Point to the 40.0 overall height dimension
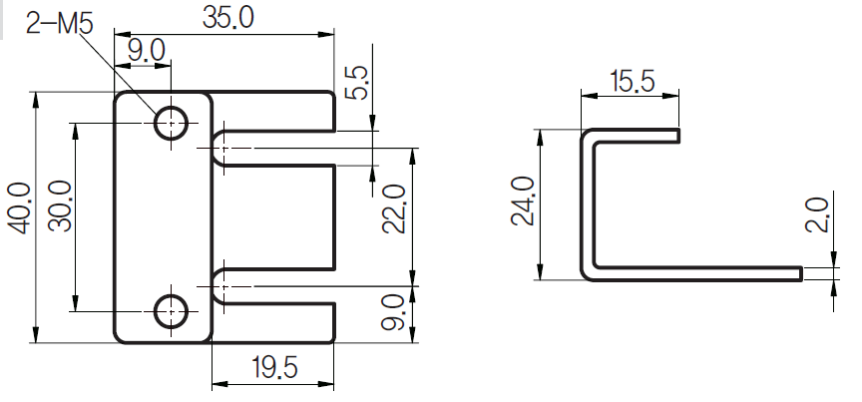pos(18,208)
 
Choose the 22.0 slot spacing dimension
pos(394,208)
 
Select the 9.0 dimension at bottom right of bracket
pos(394,311)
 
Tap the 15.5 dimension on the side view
pos(632,81)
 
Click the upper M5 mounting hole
pos(171,123)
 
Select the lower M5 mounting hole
pos(171,311)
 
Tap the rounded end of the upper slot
pos(219,148)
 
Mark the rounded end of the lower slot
pos(219,286)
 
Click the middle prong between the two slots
pos(279,217)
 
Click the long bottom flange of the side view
pos(698,272)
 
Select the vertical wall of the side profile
pos(588,204)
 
